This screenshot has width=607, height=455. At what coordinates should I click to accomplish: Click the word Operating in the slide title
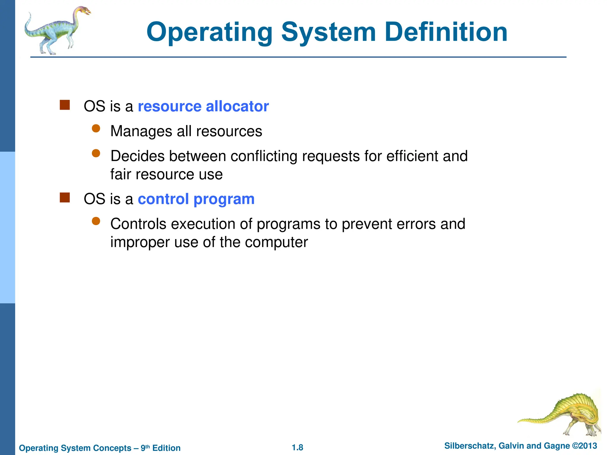click(209, 33)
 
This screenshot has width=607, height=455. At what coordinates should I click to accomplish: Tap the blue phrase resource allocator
click(203, 106)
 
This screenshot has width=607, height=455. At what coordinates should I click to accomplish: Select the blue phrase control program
click(196, 199)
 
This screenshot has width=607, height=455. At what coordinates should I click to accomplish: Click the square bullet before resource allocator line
click(65, 105)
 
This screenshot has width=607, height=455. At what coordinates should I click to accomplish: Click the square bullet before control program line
click(65, 198)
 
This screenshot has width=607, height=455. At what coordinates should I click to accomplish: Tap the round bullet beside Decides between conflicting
click(96, 153)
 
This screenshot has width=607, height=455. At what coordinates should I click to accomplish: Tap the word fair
click(121, 174)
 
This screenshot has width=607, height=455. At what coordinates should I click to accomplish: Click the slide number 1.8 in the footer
click(297, 448)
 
